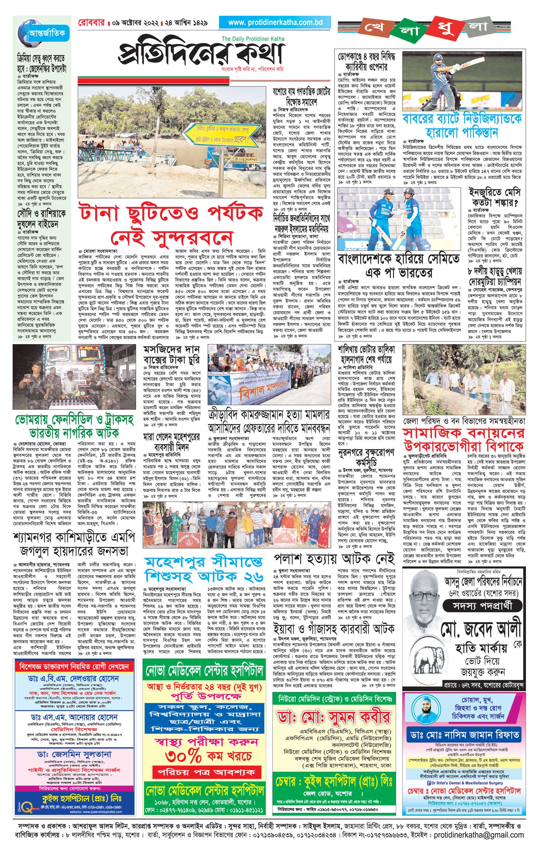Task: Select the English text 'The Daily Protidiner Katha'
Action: (x=252, y=39)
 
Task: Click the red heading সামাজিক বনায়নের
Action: (x=464, y=433)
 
